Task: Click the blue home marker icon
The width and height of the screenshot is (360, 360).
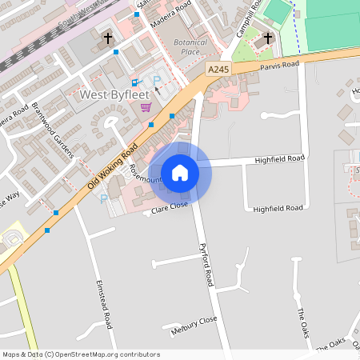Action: pyautogui.click(x=180, y=172)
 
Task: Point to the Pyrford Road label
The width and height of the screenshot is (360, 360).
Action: pyautogui.click(x=206, y=265)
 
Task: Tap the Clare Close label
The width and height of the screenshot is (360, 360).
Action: pyautogui.click(x=170, y=207)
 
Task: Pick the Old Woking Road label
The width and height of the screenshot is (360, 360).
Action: pyautogui.click(x=109, y=172)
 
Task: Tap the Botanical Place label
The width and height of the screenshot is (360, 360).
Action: pyautogui.click(x=190, y=47)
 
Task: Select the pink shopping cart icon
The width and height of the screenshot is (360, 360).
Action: pyautogui.click(x=146, y=107)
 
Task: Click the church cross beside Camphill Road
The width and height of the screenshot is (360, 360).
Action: pyautogui.click(x=268, y=38)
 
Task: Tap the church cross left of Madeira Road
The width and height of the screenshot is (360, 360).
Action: pyautogui.click(x=108, y=38)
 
